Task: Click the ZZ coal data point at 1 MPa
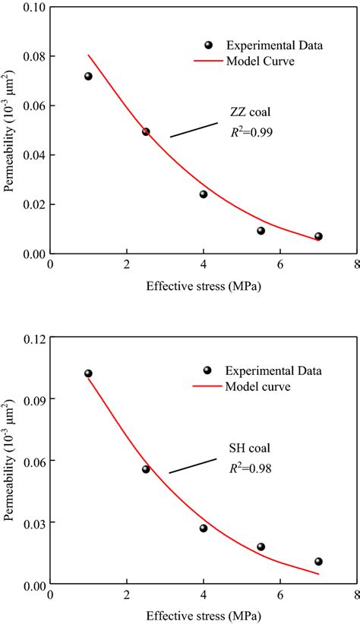(88, 76)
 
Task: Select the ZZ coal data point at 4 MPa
(204, 194)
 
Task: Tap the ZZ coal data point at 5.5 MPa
(261, 231)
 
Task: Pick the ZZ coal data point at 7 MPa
(318, 236)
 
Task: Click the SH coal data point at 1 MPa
(88, 373)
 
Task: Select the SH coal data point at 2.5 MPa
(146, 469)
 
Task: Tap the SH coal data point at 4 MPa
(204, 528)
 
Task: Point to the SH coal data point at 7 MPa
(318, 562)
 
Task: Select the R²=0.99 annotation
(251, 132)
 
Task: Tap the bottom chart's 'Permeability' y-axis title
(10, 463)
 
